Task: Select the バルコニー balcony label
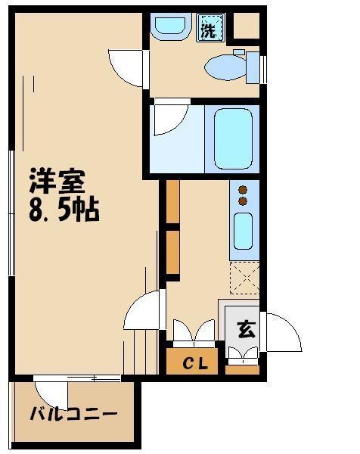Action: click(73, 414)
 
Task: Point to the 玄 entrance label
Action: click(244, 329)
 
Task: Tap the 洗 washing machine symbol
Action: click(209, 31)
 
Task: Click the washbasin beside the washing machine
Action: click(168, 27)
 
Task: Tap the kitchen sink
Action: click(243, 231)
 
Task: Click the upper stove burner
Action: click(243, 189)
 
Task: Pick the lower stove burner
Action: click(243, 201)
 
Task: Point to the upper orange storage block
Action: click(172, 203)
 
